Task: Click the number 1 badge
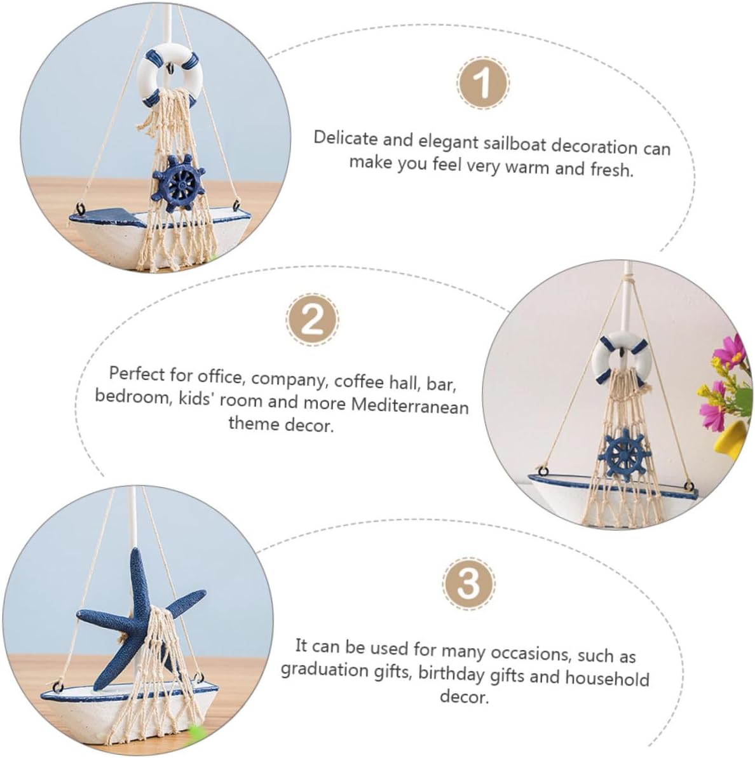tap(482, 83)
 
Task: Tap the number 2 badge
tap(312, 320)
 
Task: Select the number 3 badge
tap(468, 583)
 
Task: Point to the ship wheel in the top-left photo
tap(178, 184)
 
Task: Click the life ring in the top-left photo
tap(168, 77)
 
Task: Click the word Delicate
tap(345, 139)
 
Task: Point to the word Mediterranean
tap(410, 405)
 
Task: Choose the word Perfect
tap(137, 374)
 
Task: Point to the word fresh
tap(611, 169)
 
